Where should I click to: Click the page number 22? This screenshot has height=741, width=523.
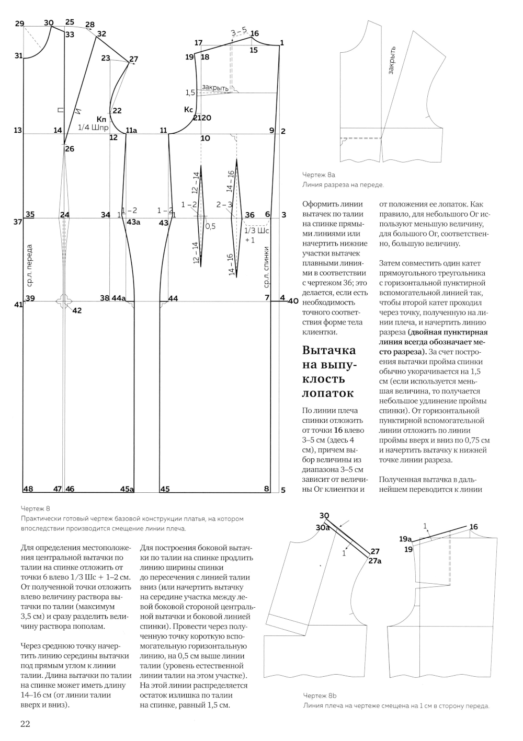click(x=25, y=724)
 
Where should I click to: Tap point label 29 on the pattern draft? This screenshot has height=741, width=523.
click(x=19, y=24)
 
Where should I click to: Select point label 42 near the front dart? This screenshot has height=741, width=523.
click(x=77, y=310)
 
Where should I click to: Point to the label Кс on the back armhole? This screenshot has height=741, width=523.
click(x=189, y=110)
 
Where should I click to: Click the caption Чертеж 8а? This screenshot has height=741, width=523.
click(x=319, y=175)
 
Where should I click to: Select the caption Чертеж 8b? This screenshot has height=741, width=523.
click(x=320, y=696)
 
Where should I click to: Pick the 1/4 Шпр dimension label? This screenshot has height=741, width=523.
click(x=93, y=128)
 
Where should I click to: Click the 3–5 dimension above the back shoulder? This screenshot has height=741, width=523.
click(x=239, y=32)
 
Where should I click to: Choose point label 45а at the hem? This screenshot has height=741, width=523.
click(x=127, y=489)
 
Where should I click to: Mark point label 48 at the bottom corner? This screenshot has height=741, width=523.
click(x=28, y=489)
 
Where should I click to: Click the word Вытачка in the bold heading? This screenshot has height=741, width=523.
click(x=329, y=350)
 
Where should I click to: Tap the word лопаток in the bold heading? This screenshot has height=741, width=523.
click(x=328, y=393)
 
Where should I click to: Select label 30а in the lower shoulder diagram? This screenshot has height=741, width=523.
click(x=323, y=528)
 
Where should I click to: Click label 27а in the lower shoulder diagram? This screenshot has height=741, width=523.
click(x=375, y=561)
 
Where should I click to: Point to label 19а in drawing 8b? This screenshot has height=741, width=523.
click(x=405, y=539)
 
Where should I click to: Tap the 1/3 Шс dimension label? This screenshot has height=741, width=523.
click(x=257, y=230)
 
